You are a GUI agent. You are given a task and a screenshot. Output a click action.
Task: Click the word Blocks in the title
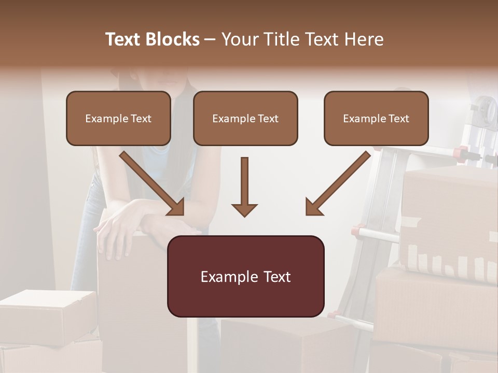tap(172, 39)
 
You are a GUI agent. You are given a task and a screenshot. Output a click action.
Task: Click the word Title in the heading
tap(279, 39)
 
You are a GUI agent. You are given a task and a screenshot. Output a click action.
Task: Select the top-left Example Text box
tap(118, 119)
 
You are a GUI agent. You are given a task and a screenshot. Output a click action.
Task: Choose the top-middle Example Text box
tap(245, 119)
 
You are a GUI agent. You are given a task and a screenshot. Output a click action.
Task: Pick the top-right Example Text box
tap(376, 119)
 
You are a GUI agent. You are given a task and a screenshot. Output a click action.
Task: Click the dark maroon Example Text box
tap(245, 276)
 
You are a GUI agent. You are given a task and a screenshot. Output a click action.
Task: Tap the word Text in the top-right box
tap(398, 119)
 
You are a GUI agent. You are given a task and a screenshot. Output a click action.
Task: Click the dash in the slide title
tap(210, 39)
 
